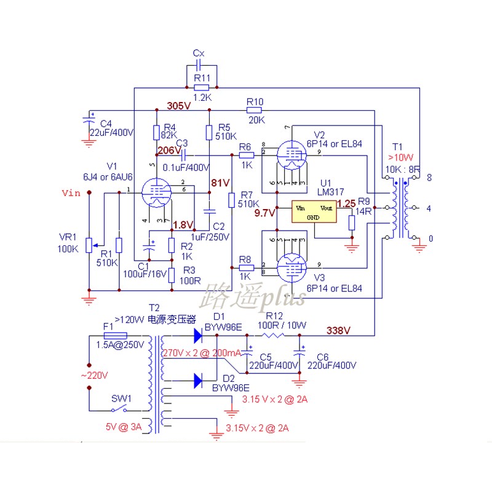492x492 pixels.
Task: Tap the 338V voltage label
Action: click(x=338, y=330)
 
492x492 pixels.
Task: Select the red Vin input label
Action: click(x=71, y=193)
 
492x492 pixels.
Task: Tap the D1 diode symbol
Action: click(x=198, y=335)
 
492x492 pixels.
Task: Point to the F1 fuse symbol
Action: click(x=116, y=336)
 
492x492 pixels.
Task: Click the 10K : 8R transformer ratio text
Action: click(x=403, y=169)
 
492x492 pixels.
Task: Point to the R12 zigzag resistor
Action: click(x=273, y=335)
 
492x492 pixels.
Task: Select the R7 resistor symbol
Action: click(x=231, y=200)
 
